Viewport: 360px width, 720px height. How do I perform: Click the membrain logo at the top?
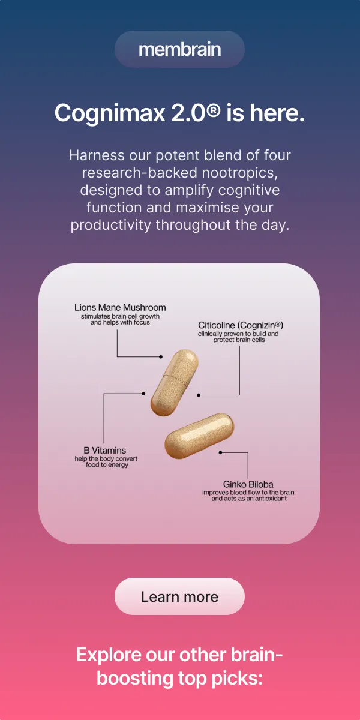[x=179, y=49]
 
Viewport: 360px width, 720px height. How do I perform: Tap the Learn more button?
[x=179, y=596]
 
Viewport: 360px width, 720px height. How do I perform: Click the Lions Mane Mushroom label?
[x=120, y=308]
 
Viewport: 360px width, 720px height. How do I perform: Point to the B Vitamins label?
[x=105, y=450]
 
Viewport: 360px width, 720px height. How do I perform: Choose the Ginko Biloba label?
[x=248, y=484]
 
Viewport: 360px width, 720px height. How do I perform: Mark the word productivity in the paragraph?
[x=111, y=226]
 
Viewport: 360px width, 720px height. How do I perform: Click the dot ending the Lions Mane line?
[x=161, y=356]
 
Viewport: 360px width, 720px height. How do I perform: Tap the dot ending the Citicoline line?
[x=199, y=395]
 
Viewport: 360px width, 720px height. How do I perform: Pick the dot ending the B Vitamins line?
[x=143, y=394]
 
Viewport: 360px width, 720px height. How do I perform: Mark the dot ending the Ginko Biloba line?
[x=221, y=452]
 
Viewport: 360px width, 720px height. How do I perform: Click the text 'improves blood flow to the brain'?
[x=248, y=493]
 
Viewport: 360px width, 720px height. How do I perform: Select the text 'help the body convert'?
[x=106, y=458]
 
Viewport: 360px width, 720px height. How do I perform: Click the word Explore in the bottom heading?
[x=109, y=654]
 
